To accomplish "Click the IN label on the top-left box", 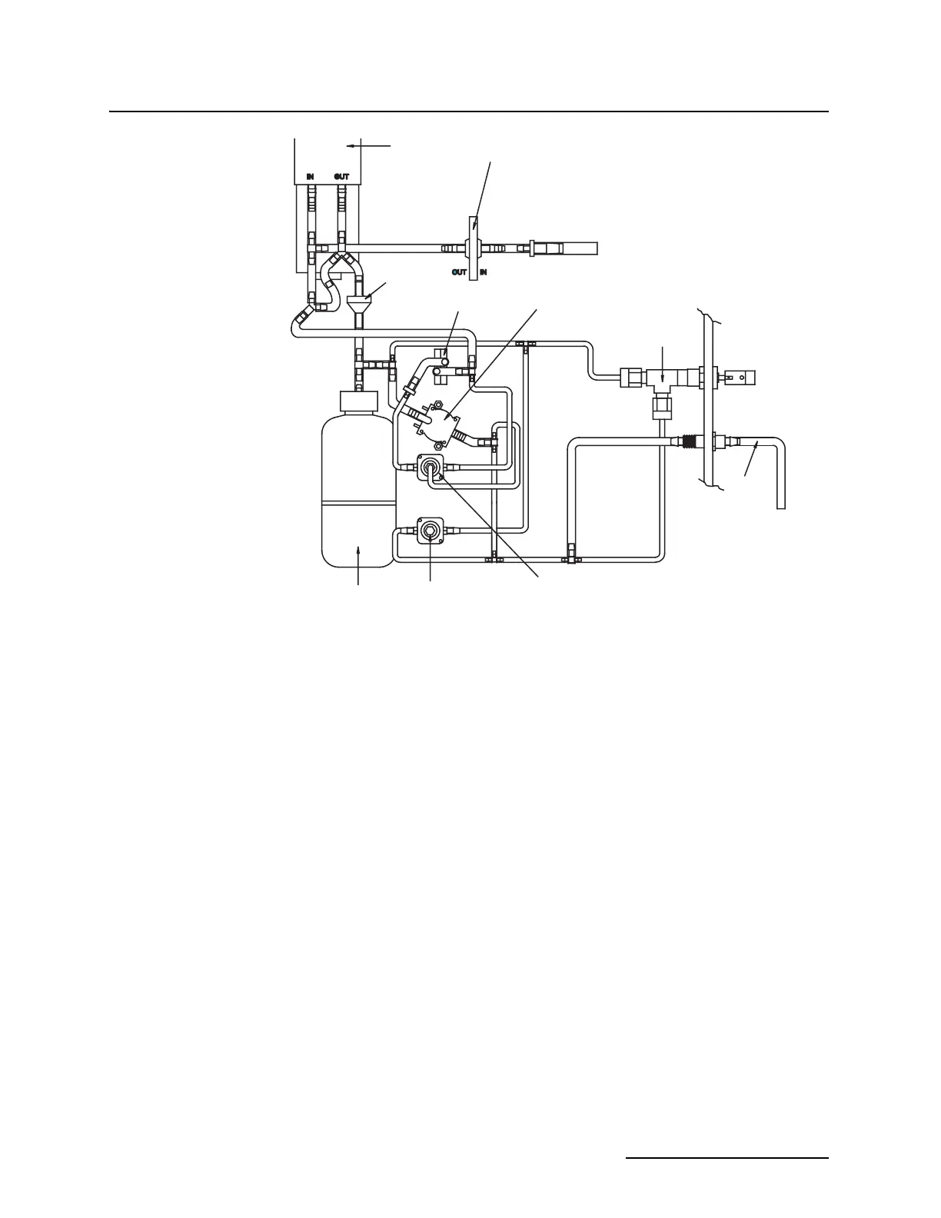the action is pyautogui.click(x=310, y=177).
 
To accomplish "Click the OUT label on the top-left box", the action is pyautogui.click(x=341, y=177).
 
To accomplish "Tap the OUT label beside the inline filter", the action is pyautogui.click(x=459, y=271).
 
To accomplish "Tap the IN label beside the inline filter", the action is pyautogui.click(x=484, y=271).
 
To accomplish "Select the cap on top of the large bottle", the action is pyautogui.click(x=358, y=401).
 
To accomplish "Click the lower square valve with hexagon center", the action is pyautogui.click(x=429, y=531).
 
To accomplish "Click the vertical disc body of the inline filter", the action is pyautogui.click(x=474, y=248).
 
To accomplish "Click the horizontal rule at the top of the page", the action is pyautogui.click(x=469, y=112).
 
